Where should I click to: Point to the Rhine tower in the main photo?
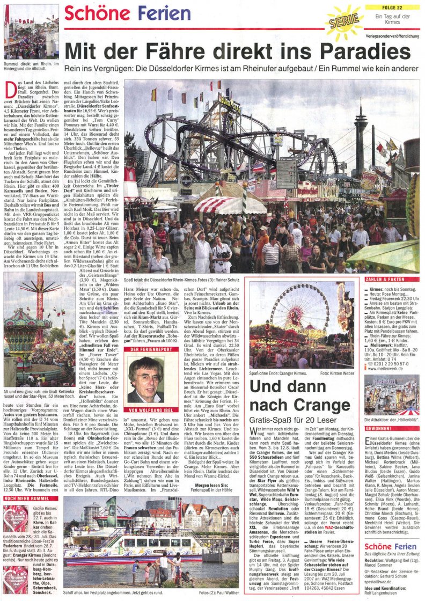tap(360, 134)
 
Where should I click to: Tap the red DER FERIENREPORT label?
tap(145, 349)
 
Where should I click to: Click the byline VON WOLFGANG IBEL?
tap(145, 410)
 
